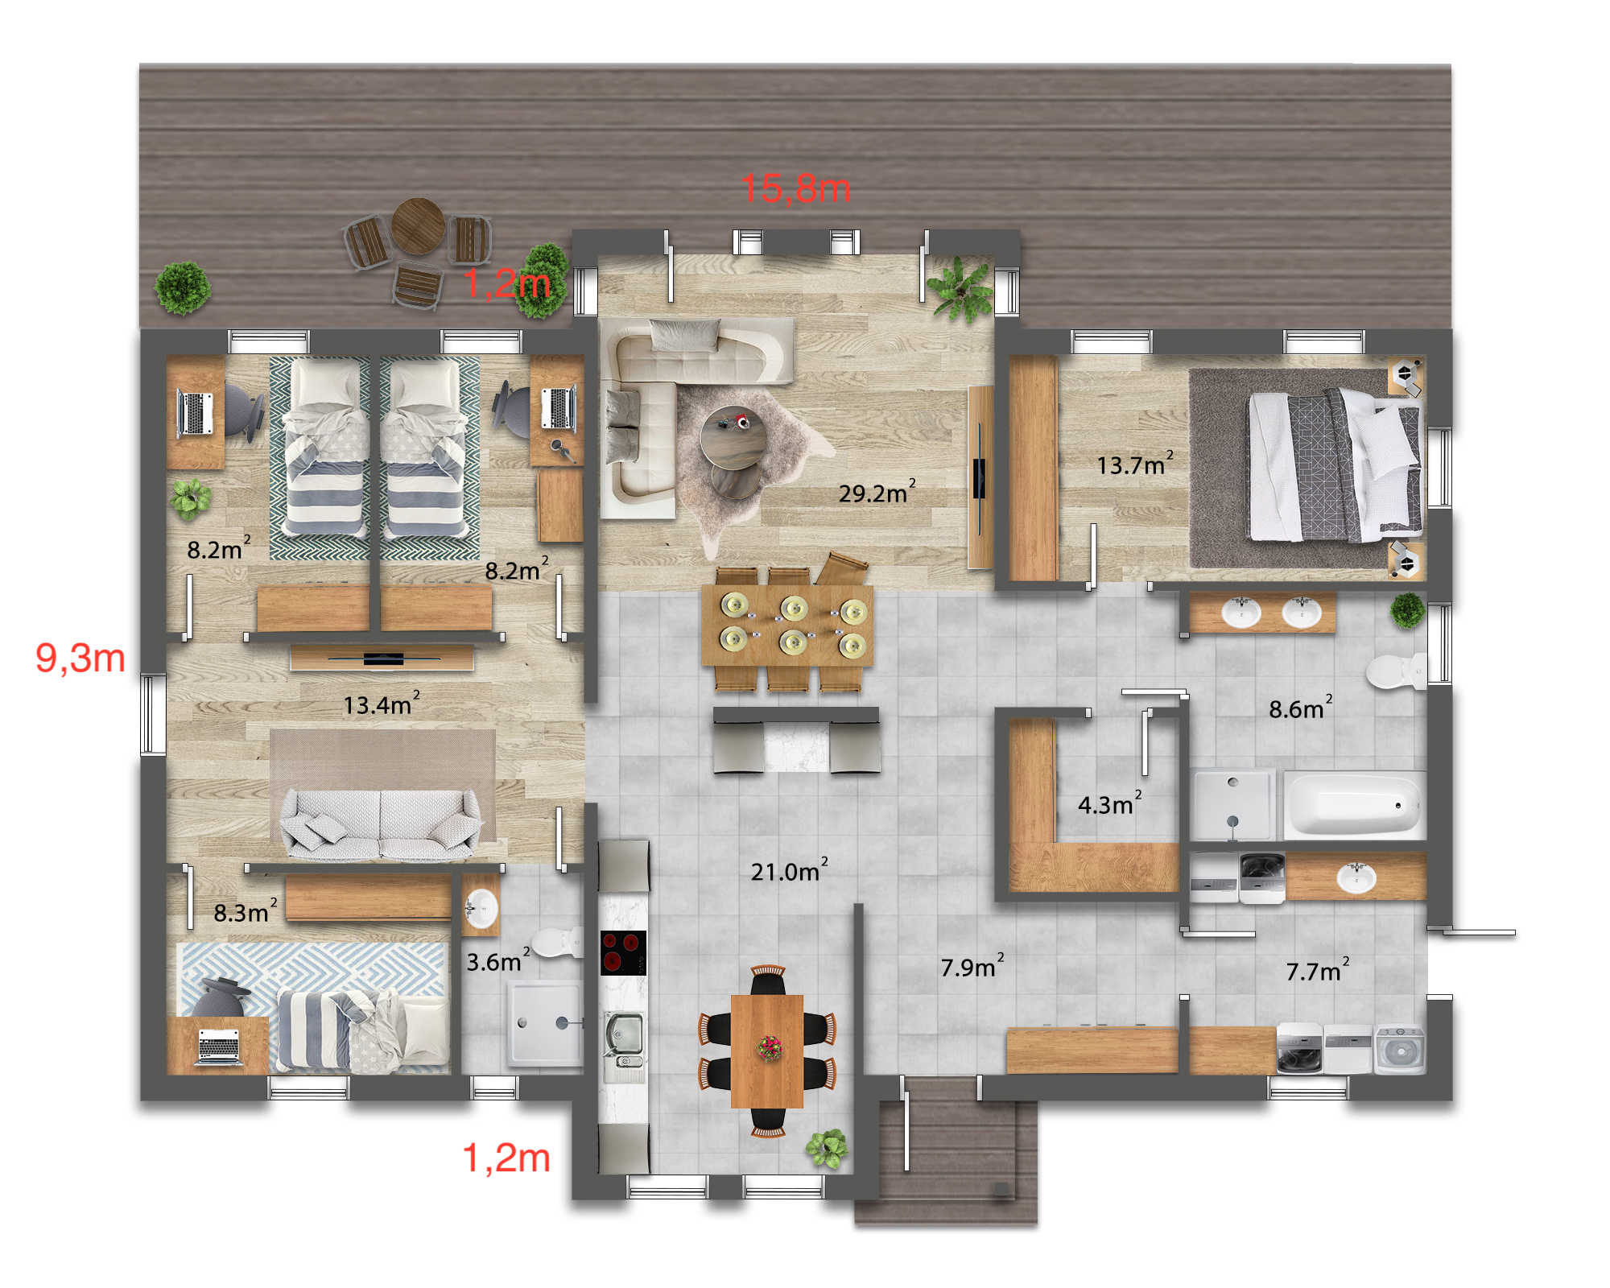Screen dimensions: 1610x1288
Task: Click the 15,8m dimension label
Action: pyautogui.click(x=795, y=188)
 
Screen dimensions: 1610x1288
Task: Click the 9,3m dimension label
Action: pyautogui.click(x=80, y=658)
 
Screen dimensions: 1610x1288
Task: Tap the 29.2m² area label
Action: pyautogui.click(x=877, y=491)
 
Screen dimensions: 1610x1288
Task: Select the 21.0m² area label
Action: pyautogui.click(x=789, y=869)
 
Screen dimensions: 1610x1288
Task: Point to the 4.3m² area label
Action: pyautogui.click(x=1110, y=803)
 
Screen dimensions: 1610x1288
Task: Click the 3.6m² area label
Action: pyautogui.click(x=498, y=960)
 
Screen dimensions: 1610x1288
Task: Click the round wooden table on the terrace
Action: pyautogui.click(x=419, y=225)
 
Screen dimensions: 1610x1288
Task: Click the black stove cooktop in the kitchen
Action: pyautogui.click(x=624, y=953)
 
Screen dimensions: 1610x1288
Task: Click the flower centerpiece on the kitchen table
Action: pyautogui.click(x=769, y=1048)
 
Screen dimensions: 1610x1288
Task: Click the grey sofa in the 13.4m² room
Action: pyautogui.click(x=380, y=823)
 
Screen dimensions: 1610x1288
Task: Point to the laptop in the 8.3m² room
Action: pyautogui.click(x=218, y=1046)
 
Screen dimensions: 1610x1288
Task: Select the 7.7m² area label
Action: pyautogui.click(x=1318, y=970)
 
